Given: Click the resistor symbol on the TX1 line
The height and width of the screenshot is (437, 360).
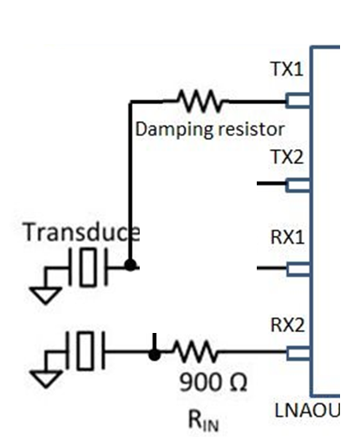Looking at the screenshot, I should click(199, 101).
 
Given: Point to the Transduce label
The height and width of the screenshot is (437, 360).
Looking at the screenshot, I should click(82, 232).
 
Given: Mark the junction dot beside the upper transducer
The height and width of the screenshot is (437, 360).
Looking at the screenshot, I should click(129, 266).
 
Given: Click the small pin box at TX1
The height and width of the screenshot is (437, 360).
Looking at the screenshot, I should click(298, 101).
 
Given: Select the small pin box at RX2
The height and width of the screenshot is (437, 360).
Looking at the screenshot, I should click(298, 352).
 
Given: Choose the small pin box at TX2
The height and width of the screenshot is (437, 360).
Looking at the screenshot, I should click(298, 184).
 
